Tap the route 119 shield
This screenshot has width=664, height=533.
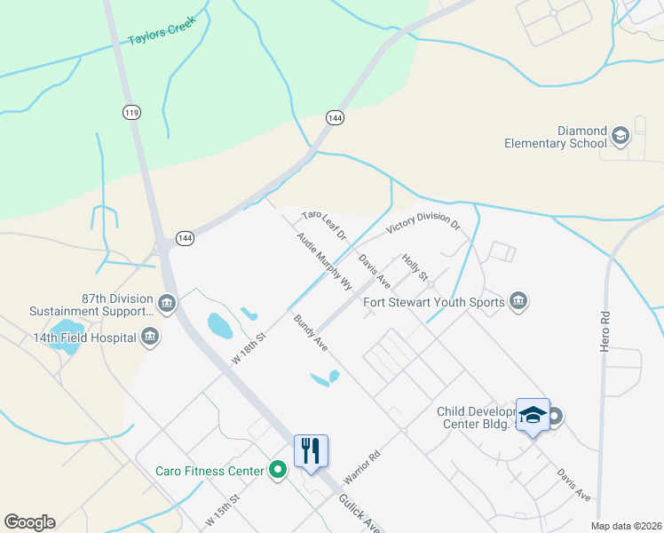[x=131, y=112]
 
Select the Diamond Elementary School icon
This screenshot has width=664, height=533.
[x=620, y=136]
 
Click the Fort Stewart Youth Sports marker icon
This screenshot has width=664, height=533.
[x=518, y=302]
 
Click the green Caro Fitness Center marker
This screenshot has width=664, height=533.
[x=278, y=470]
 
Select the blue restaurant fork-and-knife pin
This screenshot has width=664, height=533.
[x=311, y=450]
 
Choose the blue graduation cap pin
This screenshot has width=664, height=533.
[x=533, y=415]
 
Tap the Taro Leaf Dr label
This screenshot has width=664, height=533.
[x=323, y=226]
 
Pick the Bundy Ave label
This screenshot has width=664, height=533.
[x=311, y=332]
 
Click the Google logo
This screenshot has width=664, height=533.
[x=29, y=522]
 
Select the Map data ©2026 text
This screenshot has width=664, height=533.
[x=626, y=525]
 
